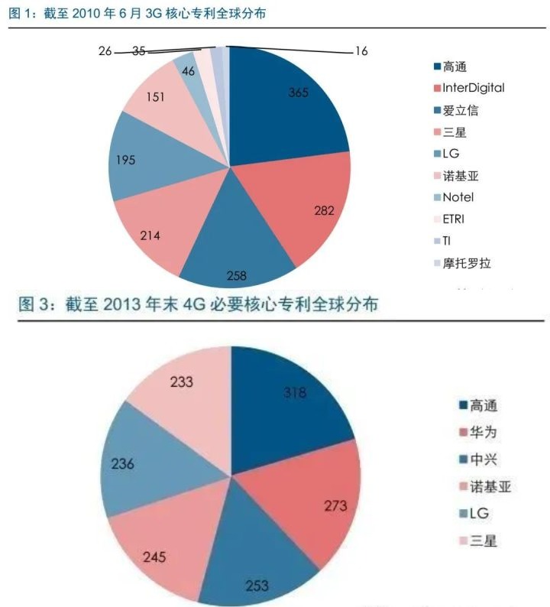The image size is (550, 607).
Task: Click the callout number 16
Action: coord(361,51)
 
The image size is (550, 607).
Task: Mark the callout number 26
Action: coord(105,50)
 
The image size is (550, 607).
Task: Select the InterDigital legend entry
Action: coord(473,88)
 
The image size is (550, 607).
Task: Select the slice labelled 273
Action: coord(335,506)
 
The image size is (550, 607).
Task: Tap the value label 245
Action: coord(155,556)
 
